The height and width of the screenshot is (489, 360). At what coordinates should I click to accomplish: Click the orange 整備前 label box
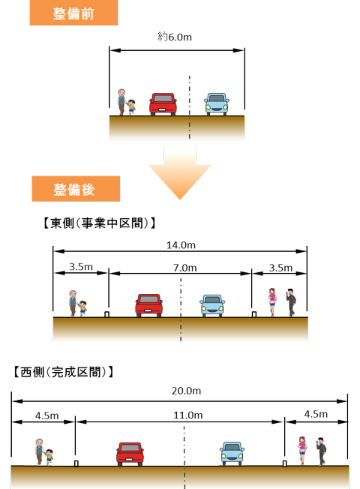pos(73,13)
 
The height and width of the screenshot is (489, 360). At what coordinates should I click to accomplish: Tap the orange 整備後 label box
pos(76,189)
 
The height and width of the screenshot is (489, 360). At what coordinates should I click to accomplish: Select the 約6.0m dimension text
pos(175,37)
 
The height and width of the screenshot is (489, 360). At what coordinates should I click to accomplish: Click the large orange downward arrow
pos(180,172)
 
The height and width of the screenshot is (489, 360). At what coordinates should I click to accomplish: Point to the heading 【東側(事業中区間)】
pos(99,223)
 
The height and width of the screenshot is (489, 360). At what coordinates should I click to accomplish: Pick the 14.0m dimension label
pos(181,245)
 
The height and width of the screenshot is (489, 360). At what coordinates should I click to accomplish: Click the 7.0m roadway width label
pos(185,268)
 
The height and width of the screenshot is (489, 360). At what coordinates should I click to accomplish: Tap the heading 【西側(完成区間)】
pos(63,372)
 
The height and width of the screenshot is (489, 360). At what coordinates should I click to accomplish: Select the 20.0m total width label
pos(186,391)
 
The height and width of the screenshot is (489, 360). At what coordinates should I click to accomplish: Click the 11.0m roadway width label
pos(188,415)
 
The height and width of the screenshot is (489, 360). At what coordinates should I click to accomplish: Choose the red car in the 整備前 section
pos(163,104)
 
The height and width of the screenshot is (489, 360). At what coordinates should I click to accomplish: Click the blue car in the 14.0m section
pos(212,306)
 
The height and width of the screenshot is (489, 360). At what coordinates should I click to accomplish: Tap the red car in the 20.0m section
pos(130,454)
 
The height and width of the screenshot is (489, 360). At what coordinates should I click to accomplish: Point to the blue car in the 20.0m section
pos(232,454)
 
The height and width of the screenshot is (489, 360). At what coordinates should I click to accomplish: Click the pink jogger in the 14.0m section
pos(272,302)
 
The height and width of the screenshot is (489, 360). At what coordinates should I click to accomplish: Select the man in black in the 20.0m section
pos(321,451)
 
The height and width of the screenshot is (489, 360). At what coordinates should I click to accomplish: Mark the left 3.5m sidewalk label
pos(81,267)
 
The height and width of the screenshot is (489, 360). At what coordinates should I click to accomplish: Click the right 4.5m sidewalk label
pos(316,414)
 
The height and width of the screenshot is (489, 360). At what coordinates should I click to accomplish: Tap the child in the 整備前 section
pos(131,107)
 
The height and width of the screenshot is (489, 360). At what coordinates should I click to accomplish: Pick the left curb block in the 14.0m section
pos(106,314)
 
